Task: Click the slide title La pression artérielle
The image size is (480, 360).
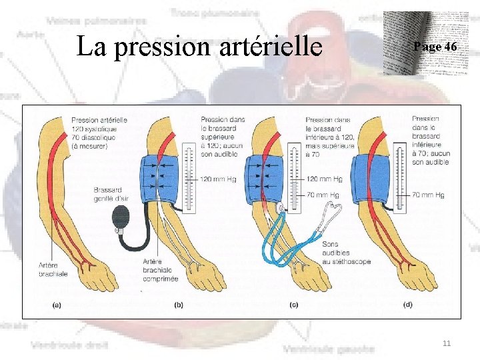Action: coord(199,47)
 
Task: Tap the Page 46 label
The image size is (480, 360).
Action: coord(435,47)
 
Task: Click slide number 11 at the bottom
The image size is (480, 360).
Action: coord(447,343)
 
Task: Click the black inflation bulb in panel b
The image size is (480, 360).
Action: coord(123,218)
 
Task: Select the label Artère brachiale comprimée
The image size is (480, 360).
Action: coord(160,270)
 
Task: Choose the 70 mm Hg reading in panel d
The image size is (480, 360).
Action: coord(428,195)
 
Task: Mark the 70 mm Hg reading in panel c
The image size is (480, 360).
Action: coord(323,195)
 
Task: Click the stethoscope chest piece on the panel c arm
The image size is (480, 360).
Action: coord(281,209)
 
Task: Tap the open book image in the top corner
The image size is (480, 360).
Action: coord(421,44)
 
